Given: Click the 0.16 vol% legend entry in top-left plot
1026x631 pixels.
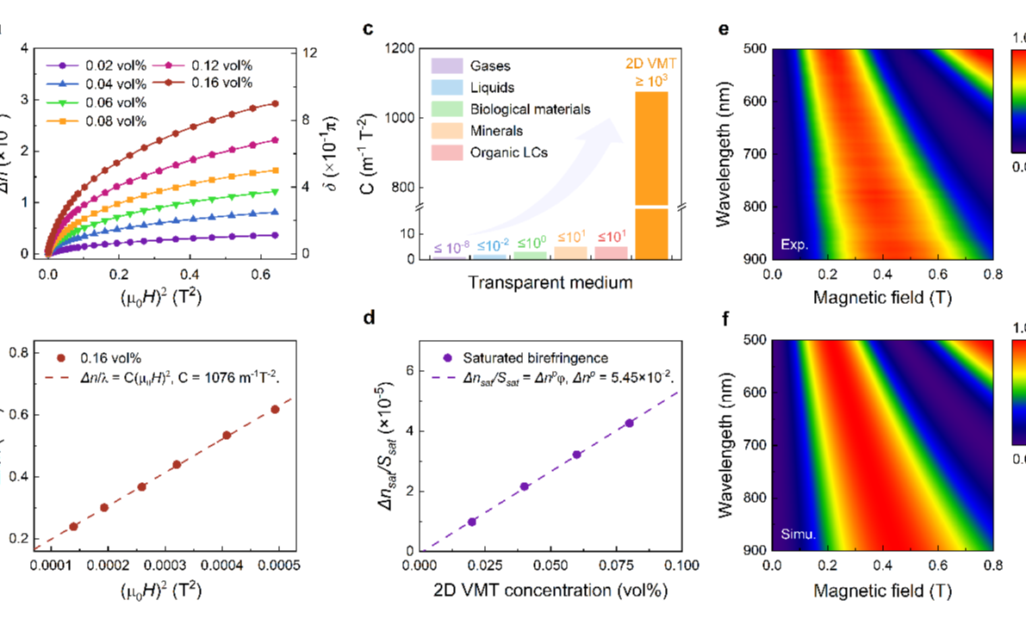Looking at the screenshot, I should pos(203,83).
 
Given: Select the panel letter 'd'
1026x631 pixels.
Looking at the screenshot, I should pos(369,318).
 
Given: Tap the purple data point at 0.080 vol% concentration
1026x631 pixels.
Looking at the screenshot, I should pos(630,423).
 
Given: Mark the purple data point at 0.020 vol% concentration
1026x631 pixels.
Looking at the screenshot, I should pos(472,522).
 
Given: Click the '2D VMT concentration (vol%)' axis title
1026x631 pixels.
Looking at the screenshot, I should pos(551,591).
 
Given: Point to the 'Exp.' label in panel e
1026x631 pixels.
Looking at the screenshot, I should pos(794,245).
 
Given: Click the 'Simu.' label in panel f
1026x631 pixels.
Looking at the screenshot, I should pos(798,535).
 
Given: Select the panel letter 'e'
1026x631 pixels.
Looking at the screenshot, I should pos(724,29).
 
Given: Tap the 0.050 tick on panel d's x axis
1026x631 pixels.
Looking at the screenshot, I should pos(551,565).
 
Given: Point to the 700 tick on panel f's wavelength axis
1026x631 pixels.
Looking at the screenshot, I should pos(745,445).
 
